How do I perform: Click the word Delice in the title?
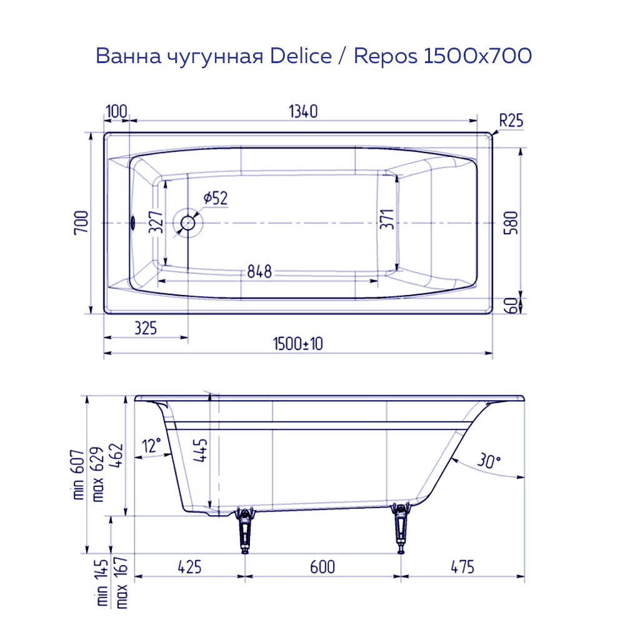click(x=301, y=56)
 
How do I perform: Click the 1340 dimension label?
click(x=303, y=112)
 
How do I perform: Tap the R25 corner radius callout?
click(x=511, y=121)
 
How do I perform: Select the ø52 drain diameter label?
click(x=215, y=199)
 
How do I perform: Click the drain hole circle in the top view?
click(x=188, y=222)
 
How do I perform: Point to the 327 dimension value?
click(x=157, y=222)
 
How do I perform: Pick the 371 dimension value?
click(x=387, y=219)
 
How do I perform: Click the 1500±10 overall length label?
click(x=297, y=344)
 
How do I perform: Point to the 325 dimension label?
click(x=145, y=327)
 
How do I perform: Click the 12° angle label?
click(x=152, y=446)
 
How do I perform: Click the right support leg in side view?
click(x=400, y=528)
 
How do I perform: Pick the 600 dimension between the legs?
click(x=322, y=567)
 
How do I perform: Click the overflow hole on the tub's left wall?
click(x=132, y=222)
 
